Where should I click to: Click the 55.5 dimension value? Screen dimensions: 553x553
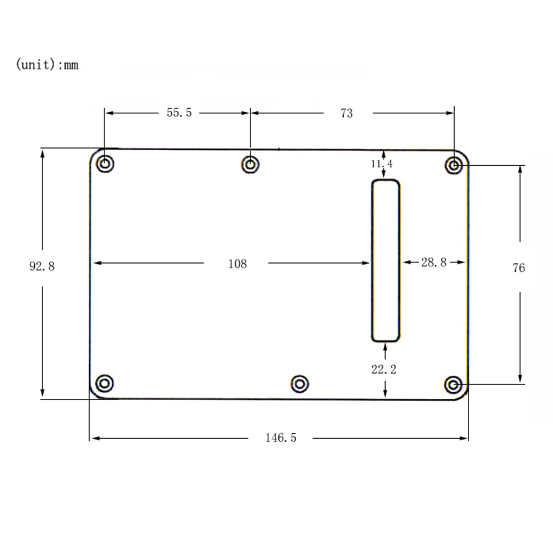179,113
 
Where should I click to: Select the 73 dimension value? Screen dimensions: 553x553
346,113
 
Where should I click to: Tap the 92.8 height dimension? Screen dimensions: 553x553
42,266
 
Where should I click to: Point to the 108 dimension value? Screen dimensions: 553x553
238,264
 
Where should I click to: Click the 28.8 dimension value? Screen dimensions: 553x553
434,262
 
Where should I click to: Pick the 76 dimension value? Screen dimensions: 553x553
519,268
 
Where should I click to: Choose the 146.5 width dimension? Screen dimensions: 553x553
281,438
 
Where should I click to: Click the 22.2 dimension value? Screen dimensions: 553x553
384,370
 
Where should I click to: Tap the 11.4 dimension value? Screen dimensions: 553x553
382,164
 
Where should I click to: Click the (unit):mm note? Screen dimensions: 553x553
48,65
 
